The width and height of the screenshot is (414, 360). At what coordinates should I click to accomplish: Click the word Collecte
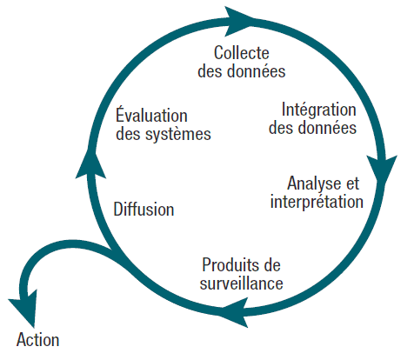point(242,53)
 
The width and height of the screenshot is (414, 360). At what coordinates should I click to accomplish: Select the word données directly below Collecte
point(256,71)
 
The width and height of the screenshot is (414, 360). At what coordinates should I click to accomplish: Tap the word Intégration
point(319,110)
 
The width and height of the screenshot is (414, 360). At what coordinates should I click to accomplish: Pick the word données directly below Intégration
point(327,128)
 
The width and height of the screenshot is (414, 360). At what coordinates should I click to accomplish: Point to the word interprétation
point(317,202)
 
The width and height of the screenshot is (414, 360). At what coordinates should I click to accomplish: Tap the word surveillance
point(241,283)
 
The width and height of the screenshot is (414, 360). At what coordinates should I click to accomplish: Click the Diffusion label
point(144,209)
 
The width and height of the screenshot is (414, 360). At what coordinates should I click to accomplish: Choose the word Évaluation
point(151,115)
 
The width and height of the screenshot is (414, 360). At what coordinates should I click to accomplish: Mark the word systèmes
point(178,135)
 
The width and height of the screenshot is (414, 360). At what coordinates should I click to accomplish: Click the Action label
point(38,340)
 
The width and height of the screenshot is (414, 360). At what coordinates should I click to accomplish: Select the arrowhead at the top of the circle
point(237,22)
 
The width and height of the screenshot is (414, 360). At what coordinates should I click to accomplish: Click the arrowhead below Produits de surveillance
point(235,312)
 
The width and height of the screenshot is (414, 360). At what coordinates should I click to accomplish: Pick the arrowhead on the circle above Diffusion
point(90,163)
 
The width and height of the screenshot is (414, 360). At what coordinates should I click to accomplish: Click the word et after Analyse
point(351,183)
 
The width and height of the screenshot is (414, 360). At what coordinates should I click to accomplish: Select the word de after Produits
point(271,265)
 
